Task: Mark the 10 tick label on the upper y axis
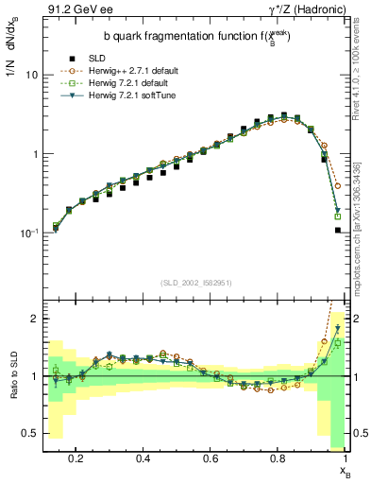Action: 31,75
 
